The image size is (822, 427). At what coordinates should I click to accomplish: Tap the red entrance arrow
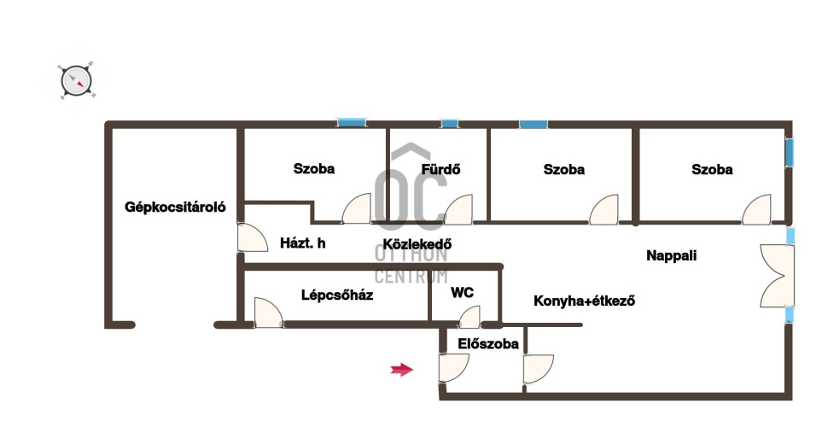401,369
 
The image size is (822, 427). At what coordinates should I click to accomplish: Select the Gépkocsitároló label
175,207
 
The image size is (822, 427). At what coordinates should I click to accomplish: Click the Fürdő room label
440,169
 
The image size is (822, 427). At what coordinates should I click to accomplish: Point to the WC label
463,293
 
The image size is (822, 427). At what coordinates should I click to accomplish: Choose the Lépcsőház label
337,295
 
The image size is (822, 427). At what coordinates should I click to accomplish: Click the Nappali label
672,254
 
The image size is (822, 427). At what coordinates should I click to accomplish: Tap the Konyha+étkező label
585,301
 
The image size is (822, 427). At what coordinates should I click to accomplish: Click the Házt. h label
303,243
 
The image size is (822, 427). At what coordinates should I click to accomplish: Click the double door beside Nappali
777,275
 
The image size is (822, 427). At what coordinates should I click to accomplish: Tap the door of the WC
469,318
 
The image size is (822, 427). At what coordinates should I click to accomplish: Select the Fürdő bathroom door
458,210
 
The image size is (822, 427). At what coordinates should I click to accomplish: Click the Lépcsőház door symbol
268,313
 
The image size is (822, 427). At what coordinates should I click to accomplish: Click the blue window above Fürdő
450,124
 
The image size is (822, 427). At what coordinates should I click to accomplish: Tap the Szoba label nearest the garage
314,169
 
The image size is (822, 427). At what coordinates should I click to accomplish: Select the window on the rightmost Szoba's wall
790,154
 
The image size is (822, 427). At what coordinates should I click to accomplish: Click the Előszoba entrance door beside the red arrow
453,368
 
